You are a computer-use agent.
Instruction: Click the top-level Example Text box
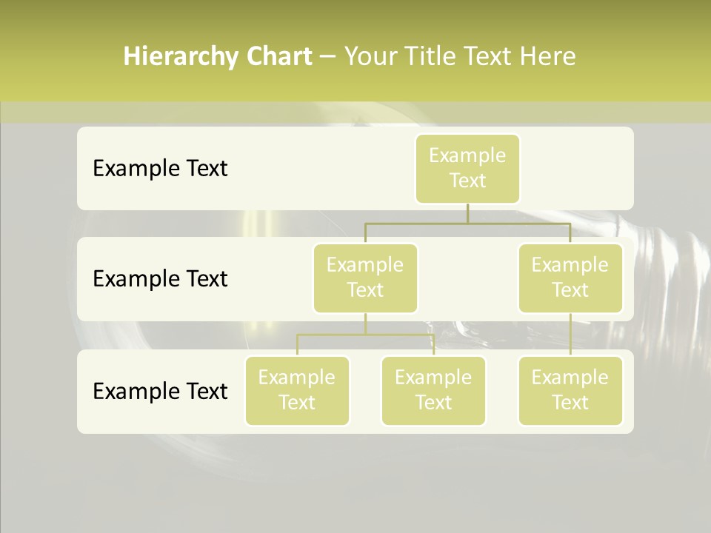(467, 168)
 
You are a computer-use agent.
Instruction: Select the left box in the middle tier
(365, 278)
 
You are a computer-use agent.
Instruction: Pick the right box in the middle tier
(570, 278)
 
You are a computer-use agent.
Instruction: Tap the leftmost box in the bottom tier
(297, 390)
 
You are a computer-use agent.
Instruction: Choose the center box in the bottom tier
(433, 390)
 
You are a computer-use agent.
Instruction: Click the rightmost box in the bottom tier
(570, 390)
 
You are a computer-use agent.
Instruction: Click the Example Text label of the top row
(160, 169)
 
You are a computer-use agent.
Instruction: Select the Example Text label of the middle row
(160, 279)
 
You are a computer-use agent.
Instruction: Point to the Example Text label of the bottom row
(160, 391)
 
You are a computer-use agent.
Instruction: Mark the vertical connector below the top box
(467, 213)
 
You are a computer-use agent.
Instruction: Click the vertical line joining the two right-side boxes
(570, 335)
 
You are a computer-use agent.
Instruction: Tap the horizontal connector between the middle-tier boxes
(467, 223)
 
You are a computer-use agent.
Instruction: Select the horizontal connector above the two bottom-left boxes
(365, 335)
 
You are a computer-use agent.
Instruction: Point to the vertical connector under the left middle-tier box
(365, 324)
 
